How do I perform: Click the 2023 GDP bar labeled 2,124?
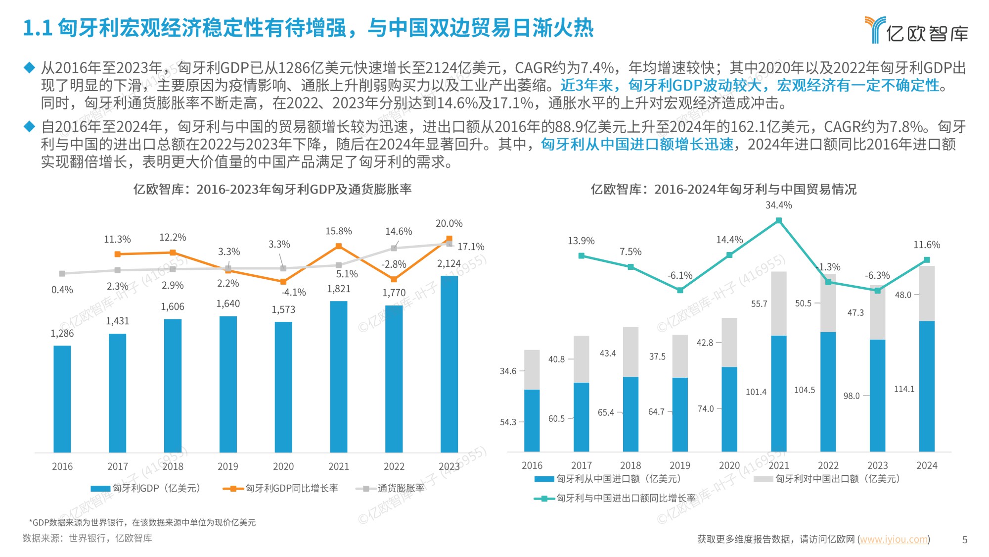pyautogui.click(x=449, y=364)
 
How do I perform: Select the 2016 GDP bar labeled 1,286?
pyautogui.click(x=62, y=399)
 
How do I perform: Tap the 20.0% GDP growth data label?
pyautogui.click(x=449, y=224)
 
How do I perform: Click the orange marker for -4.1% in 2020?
pyautogui.click(x=283, y=282)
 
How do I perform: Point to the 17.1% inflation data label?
pyautogui.click(x=470, y=247)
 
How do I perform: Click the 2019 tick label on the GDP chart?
pyautogui.click(x=228, y=466)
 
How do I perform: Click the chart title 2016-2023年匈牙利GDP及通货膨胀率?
pyautogui.click(x=272, y=189)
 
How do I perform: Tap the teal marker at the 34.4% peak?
pyautogui.click(x=779, y=221)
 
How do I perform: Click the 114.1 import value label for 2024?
pyautogui.click(x=904, y=389)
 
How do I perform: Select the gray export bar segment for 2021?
pyautogui.click(x=779, y=303)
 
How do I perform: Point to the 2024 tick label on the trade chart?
pyautogui.click(x=927, y=465)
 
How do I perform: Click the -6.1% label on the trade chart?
pyautogui.click(x=680, y=276)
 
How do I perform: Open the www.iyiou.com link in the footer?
pyautogui.click(x=894, y=539)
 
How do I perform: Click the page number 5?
pyautogui.click(x=964, y=540)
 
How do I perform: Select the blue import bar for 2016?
pyautogui.click(x=532, y=420)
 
